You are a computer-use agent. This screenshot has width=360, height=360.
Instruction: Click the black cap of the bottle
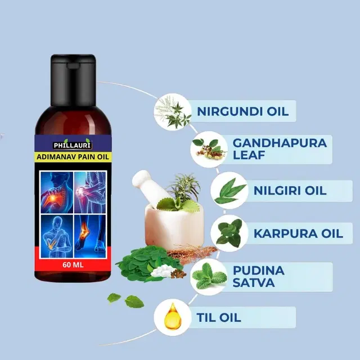(73, 80)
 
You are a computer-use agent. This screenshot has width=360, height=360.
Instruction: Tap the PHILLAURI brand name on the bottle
(73, 145)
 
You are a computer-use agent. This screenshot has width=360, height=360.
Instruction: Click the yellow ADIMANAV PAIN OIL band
(73, 157)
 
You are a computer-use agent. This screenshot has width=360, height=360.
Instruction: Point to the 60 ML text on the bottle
(73, 265)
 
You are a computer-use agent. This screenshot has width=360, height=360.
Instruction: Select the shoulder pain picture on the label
(57, 192)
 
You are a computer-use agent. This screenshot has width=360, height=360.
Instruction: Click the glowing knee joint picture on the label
(90, 192)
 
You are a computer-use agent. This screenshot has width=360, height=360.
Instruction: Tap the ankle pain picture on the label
(90, 236)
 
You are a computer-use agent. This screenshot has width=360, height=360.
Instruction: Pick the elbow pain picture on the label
(57, 236)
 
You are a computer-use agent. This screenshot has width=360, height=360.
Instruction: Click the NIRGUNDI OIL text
(242, 111)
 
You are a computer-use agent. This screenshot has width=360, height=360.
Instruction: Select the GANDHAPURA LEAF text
(280, 149)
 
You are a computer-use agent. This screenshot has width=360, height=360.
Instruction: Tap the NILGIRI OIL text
(290, 191)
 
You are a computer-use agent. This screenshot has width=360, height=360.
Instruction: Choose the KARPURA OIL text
(298, 233)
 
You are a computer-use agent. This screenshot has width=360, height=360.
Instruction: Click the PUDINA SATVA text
(259, 276)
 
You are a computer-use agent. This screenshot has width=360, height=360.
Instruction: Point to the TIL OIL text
(219, 317)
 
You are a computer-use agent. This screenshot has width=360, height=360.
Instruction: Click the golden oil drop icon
(173, 317)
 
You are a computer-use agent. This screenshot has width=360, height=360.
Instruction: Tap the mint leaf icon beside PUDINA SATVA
(209, 276)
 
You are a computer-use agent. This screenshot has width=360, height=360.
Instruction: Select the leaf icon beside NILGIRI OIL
(229, 191)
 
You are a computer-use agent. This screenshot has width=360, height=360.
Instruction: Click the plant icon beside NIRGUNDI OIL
(173, 112)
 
